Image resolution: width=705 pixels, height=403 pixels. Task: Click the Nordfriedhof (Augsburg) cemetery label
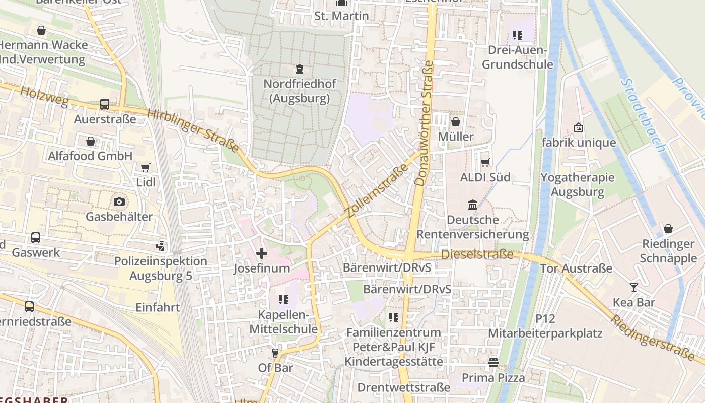click(300, 91)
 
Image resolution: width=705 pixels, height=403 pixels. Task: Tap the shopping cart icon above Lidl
click(146, 167)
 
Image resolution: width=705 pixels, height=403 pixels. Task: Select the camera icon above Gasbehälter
click(119, 201)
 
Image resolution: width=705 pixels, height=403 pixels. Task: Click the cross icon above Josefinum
click(262, 253)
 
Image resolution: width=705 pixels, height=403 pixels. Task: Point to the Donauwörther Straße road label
click(424, 123)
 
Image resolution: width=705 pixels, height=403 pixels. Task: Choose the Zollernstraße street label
click(377, 187)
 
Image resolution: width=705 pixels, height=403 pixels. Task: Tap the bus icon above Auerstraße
click(105, 104)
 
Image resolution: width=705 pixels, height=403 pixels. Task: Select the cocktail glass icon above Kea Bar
click(633, 288)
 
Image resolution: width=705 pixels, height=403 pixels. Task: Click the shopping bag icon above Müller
click(456, 122)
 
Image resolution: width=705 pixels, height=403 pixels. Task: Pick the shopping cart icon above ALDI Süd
click(485, 162)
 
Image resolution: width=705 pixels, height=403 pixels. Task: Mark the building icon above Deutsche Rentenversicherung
click(473, 205)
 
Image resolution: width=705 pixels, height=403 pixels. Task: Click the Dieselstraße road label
click(477, 254)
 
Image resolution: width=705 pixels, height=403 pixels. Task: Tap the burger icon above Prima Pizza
click(493, 363)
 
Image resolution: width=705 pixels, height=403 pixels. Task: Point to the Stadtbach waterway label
click(643, 115)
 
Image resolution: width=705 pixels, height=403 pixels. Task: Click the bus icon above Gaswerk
click(36, 238)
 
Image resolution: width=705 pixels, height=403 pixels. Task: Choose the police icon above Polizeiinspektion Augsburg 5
click(161, 246)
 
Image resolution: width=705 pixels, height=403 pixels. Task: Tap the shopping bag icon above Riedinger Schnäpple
click(668, 229)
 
